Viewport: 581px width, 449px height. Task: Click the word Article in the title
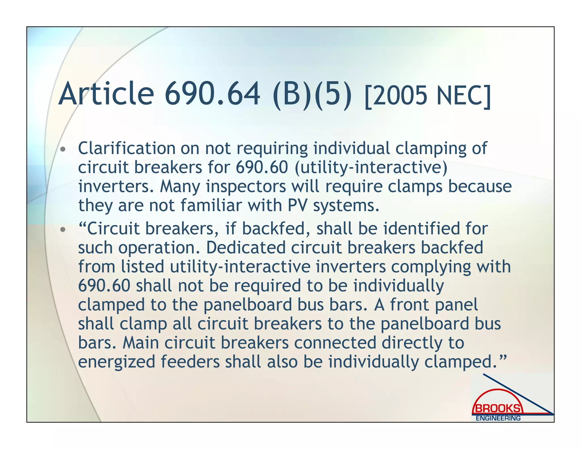tap(106, 93)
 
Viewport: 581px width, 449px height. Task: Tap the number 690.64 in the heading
tap(212, 93)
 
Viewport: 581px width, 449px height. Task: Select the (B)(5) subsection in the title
tap(312, 94)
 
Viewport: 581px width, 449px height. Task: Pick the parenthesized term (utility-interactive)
tap(371, 167)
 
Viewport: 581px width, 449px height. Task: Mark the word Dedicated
tap(246, 247)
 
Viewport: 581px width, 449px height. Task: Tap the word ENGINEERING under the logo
tap(498, 418)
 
